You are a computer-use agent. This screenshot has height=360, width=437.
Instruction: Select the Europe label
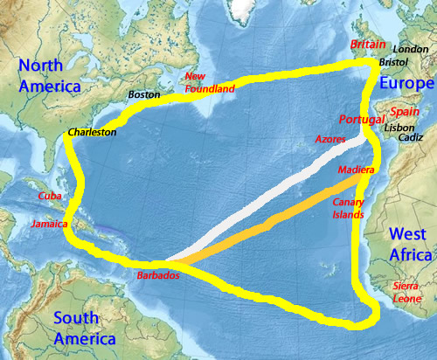[406, 84]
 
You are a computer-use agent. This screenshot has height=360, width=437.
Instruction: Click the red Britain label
[368, 45]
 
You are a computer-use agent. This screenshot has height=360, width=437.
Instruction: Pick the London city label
[412, 50]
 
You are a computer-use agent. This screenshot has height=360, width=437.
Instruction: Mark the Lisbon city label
[401, 128]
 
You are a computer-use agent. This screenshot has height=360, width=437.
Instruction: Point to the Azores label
[329, 140]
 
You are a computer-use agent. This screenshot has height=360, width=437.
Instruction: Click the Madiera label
[356, 169]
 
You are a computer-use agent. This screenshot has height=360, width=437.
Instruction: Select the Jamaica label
[50, 224]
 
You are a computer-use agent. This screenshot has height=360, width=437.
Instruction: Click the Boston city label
[144, 93]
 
